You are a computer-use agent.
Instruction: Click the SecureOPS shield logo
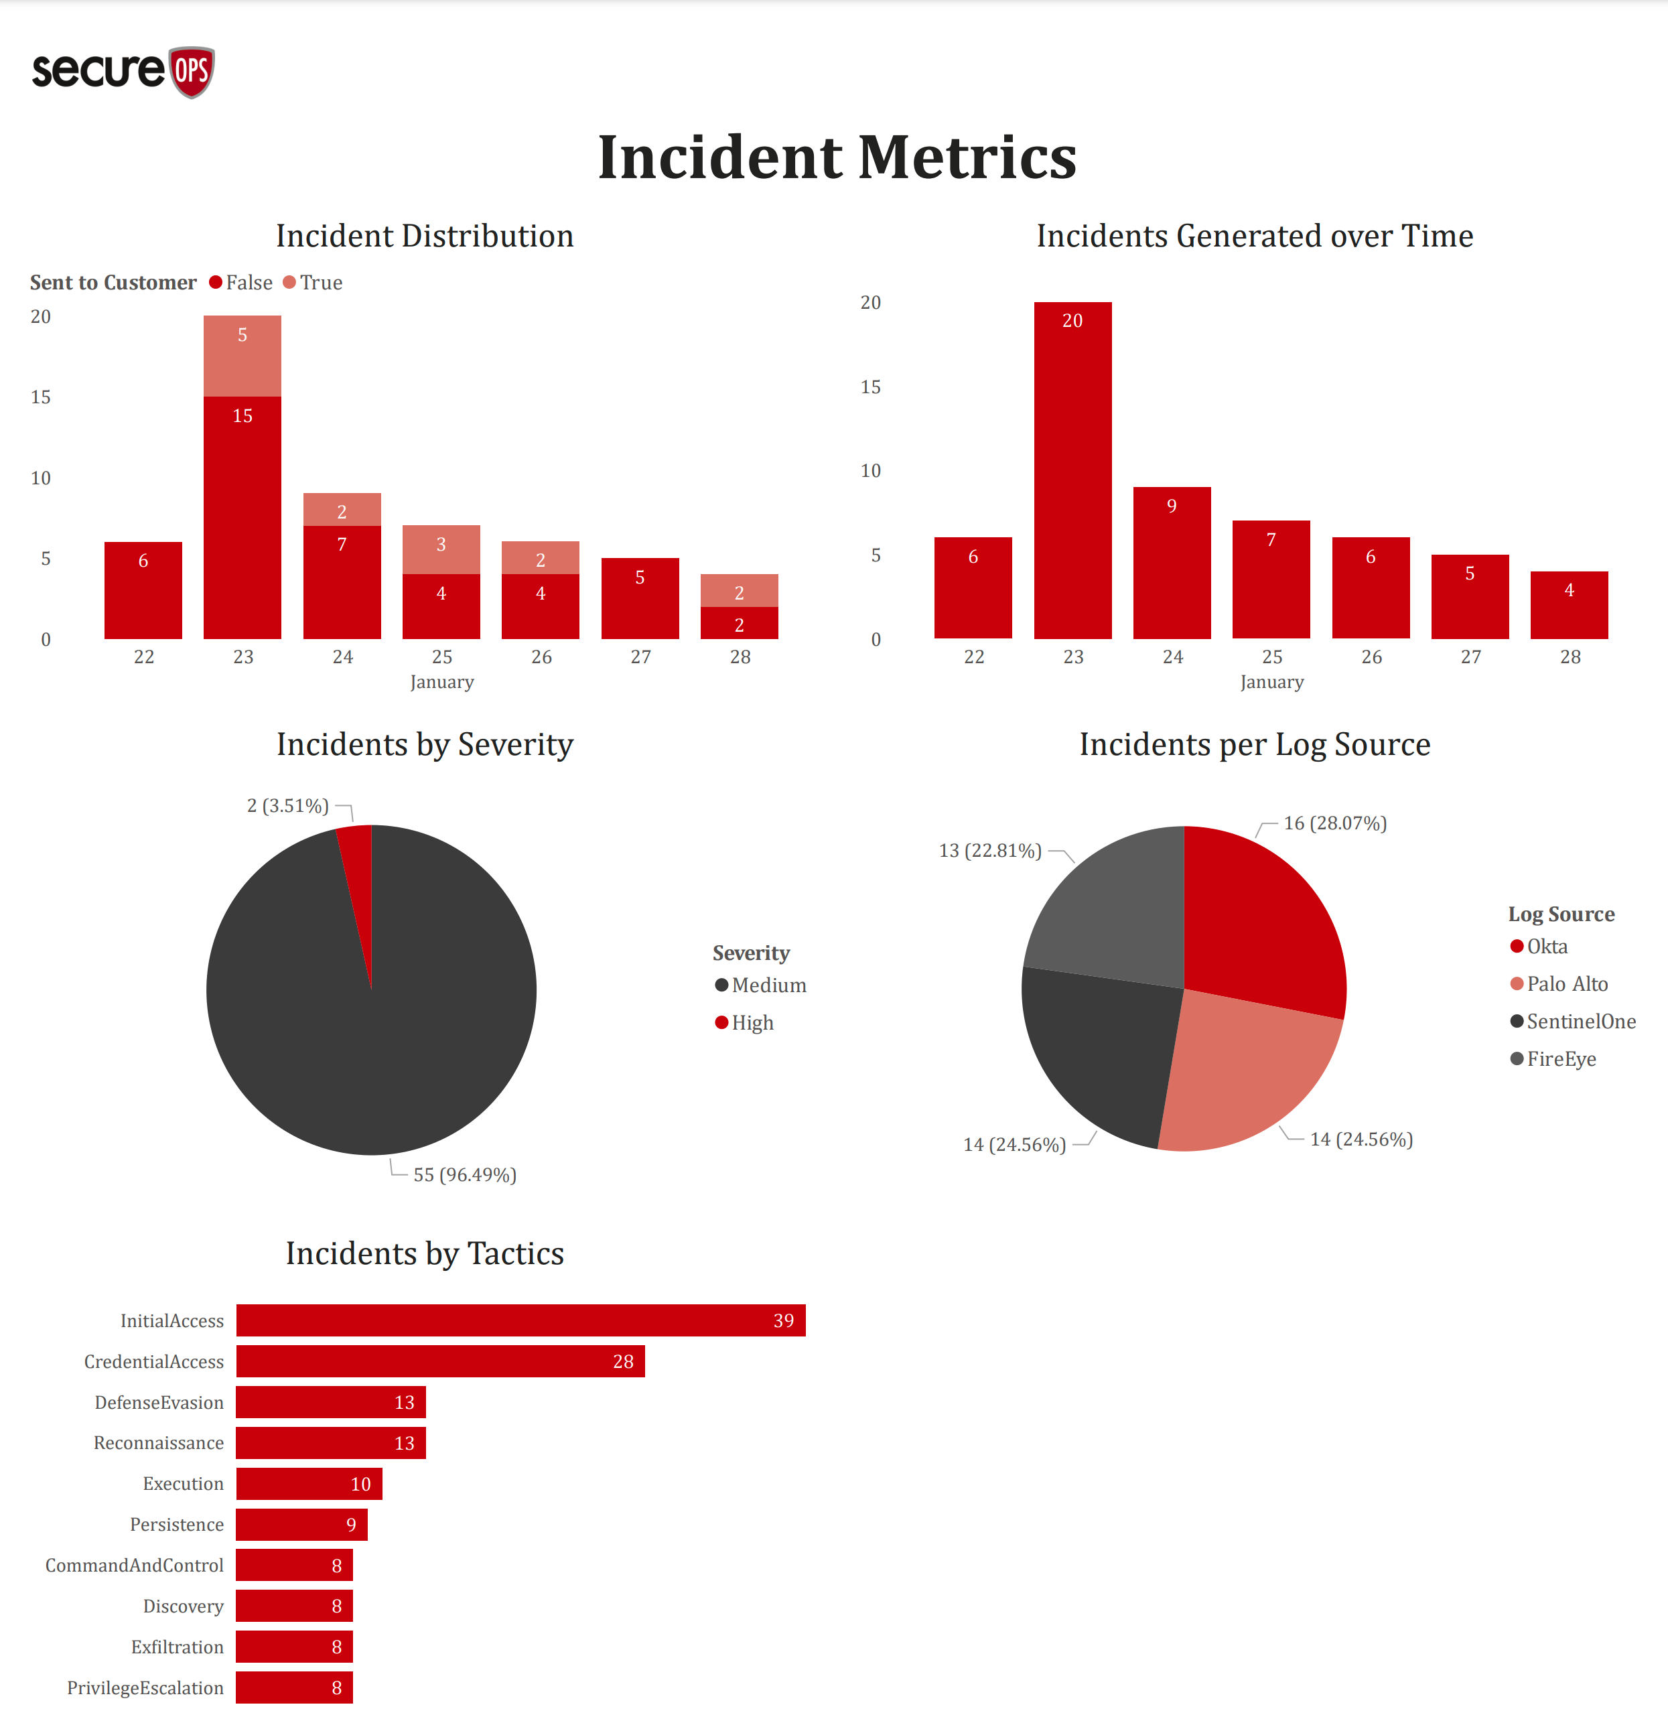click(191, 72)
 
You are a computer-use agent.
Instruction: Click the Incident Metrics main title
click(837, 157)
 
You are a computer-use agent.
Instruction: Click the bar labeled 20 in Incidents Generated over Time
click(1072, 470)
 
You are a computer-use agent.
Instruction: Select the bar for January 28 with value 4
click(1569, 605)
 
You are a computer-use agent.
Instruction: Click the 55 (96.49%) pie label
click(465, 1175)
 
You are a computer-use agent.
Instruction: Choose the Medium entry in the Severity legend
click(761, 985)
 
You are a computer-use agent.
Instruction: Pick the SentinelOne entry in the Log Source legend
click(1573, 1022)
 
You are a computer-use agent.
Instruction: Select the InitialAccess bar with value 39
click(520, 1320)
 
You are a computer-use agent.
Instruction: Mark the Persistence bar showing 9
click(301, 1524)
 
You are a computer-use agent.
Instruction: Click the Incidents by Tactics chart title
click(425, 1253)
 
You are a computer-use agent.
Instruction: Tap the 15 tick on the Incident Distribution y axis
click(40, 397)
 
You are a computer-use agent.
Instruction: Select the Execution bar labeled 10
click(308, 1484)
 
